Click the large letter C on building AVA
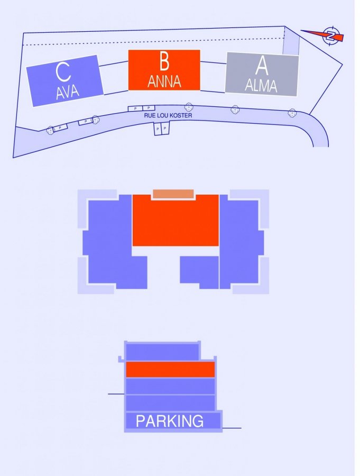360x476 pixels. pos(63,72)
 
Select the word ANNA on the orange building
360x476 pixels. pos(164,81)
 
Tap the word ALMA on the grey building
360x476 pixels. pos(261,85)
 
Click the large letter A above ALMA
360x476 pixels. pos(262,66)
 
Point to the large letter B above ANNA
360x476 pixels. pos(164,61)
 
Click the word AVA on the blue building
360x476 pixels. pos(67,92)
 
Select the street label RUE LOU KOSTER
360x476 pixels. pos(168,115)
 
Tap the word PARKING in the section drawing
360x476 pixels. pos(170,421)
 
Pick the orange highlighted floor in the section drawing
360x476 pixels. pos(170,369)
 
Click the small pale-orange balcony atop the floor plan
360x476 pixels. pos(173,194)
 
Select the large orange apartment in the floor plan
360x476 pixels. pos(176,220)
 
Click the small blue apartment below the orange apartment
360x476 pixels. pos(199,272)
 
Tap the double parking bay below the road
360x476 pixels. pos(161,129)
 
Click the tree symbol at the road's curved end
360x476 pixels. pos(292,113)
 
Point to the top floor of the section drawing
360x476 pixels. pos(162,352)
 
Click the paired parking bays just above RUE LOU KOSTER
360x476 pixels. pos(142,108)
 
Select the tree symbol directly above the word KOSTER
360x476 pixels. pos(189,107)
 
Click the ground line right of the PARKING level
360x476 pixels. pos(232,428)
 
